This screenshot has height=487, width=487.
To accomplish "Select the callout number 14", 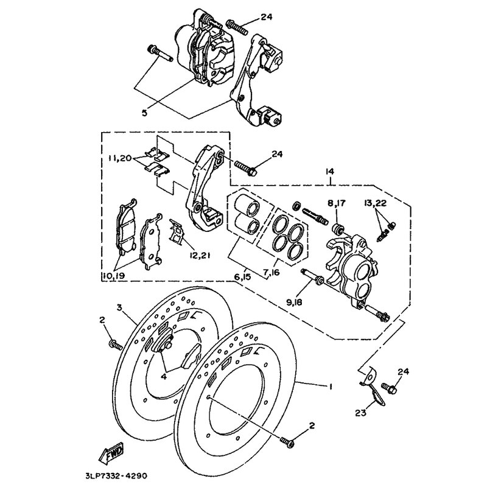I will (x=330, y=172).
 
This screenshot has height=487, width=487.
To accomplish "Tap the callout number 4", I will (x=163, y=376).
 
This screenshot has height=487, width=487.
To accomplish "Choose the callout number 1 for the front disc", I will (x=329, y=386).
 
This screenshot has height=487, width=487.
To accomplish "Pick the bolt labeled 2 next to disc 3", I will (x=113, y=344).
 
